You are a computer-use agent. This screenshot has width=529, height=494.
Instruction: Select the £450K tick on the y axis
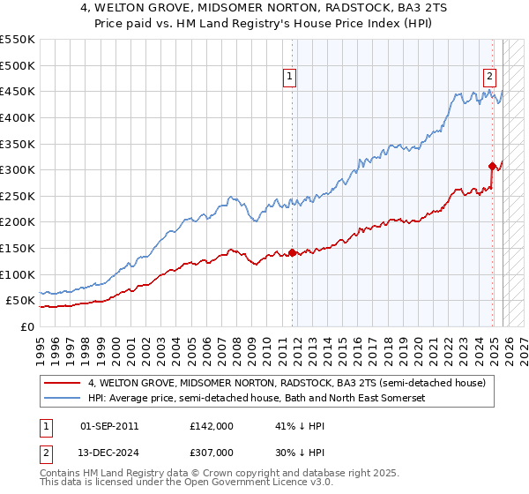pyautogui.click(x=18, y=91)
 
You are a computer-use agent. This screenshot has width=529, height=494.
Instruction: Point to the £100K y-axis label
pyautogui.click(x=18, y=274)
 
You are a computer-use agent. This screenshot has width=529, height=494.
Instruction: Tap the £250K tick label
pyautogui.click(x=18, y=196)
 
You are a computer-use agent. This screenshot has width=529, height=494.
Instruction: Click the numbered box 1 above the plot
pyautogui.click(x=290, y=77)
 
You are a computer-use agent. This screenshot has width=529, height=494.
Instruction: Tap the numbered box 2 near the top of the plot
pyautogui.click(x=489, y=77)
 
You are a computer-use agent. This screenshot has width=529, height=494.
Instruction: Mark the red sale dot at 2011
pyautogui.click(x=292, y=253)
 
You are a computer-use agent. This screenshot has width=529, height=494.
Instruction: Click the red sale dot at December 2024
pyautogui.click(x=491, y=166)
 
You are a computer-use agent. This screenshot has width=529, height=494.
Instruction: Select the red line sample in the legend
pyautogui.click(x=62, y=384)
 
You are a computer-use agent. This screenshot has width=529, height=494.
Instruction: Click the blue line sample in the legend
pyautogui.click(x=62, y=399)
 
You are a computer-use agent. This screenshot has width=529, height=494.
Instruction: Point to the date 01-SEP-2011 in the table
pyautogui.click(x=109, y=425)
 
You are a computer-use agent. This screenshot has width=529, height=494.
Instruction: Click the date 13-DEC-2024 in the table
pyautogui.click(x=109, y=453)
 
